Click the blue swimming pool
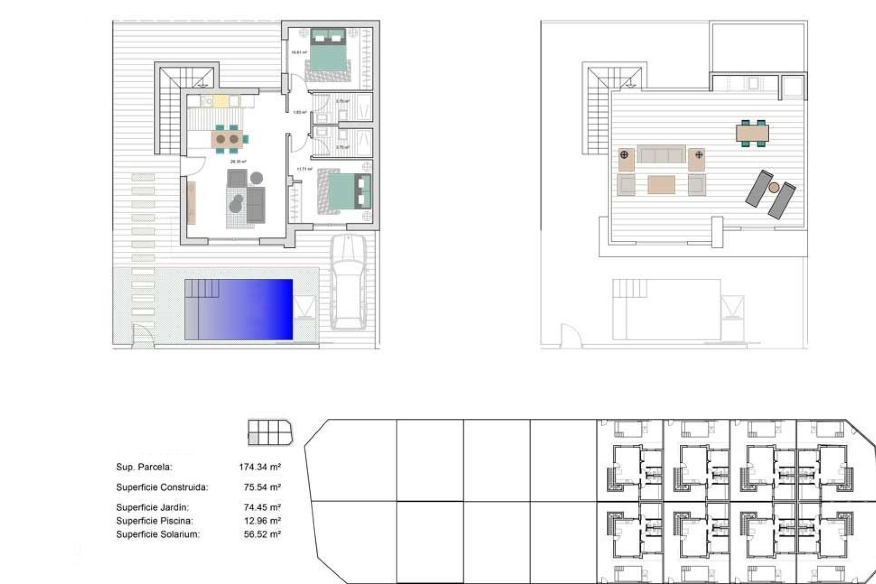click(239, 309)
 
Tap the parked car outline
click(348, 283)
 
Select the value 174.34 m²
click(260, 467)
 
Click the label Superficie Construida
click(162, 487)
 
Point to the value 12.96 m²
click(262, 521)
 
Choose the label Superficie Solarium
click(158, 534)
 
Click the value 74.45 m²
click(262, 507)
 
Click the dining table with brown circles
click(227, 139)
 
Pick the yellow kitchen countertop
click(220, 100)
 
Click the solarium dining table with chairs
click(752, 133)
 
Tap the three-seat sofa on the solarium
click(661, 154)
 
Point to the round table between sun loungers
click(774, 187)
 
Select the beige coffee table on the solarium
click(661, 185)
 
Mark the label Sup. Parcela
click(144, 467)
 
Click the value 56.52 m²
click(262, 534)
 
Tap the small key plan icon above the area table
click(270, 432)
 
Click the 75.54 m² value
click(262, 487)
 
